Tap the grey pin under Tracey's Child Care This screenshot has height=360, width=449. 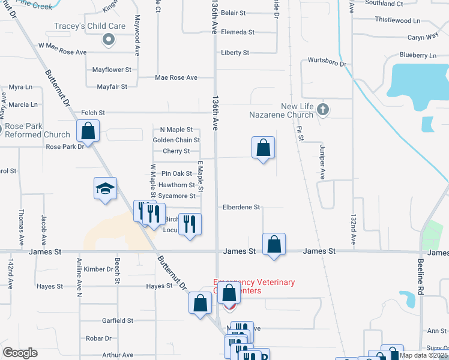109,40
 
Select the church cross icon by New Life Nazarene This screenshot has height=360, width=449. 323,109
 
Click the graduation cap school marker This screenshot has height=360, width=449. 105,190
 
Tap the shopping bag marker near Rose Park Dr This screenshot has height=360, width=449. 88,131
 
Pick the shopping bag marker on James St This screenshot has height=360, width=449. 274,244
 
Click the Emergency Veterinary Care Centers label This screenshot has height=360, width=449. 255,286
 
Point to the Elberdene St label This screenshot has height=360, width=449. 241,207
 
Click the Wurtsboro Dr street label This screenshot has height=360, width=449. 327,62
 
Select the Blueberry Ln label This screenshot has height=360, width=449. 418,56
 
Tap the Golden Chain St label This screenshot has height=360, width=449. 176,140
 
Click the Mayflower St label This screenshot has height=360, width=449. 112,70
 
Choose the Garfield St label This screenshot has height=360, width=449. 117,320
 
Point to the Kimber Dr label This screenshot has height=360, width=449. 98,269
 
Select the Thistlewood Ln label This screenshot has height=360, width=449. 398,20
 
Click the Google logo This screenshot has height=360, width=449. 20,353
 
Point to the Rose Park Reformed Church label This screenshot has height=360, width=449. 37,131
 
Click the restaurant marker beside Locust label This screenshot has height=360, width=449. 190,224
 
